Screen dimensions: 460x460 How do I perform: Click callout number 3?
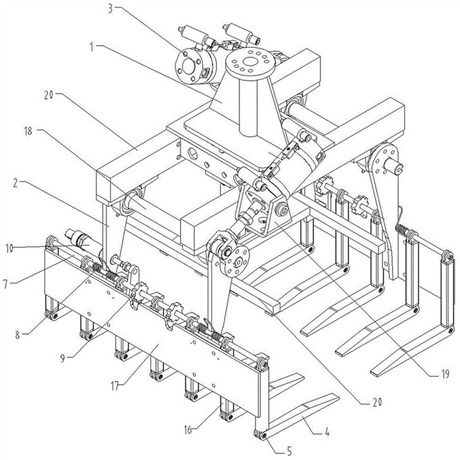(x=110, y=9)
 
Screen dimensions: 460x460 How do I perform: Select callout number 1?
(x=92, y=47)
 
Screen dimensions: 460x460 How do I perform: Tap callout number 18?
(x=28, y=131)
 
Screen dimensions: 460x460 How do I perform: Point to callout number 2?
(x=16, y=183)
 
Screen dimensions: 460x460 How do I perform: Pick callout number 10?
(x=9, y=248)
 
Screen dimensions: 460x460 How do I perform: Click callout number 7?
(x=6, y=284)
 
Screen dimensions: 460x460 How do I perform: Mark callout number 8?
(x=18, y=334)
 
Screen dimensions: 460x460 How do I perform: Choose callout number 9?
(x=62, y=358)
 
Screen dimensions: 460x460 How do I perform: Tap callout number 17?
(x=115, y=386)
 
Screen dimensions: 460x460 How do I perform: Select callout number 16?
(x=188, y=430)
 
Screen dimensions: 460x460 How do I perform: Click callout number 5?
(x=289, y=451)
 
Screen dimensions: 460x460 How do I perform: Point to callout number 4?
(x=327, y=432)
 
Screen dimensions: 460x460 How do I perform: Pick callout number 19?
(x=445, y=374)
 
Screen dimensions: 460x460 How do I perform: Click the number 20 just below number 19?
(x=377, y=402)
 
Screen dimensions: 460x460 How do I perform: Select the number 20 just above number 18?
(x=49, y=95)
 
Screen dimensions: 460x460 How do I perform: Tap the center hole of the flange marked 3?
(x=188, y=67)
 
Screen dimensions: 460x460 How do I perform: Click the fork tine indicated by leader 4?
(x=303, y=413)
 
